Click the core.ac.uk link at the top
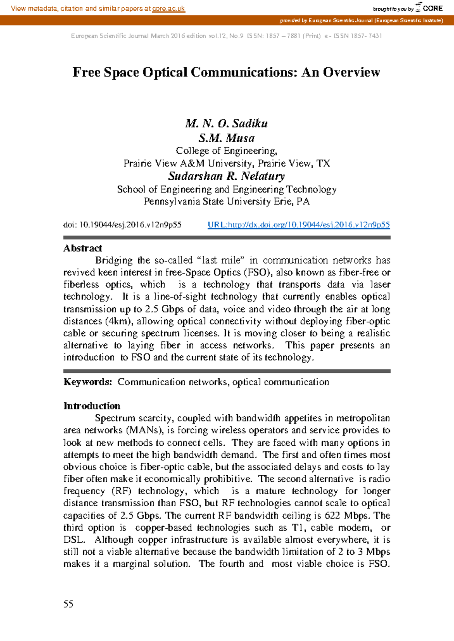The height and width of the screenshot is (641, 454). tap(168, 8)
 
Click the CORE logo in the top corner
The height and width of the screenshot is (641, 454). tap(429, 8)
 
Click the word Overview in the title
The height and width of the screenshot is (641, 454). tap(351, 72)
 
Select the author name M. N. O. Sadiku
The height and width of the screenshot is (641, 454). tap(226, 124)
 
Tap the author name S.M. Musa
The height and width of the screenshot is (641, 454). tap(226, 138)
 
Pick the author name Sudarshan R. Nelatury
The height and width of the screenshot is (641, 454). tap(226, 176)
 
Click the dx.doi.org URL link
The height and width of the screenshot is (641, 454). tap(299, 225)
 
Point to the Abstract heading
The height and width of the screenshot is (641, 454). tap(82, 248)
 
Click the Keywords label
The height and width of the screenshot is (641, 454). tap(87, 382)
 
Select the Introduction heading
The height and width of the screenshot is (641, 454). tap(92, 406)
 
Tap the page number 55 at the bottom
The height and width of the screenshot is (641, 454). tap(68, 604)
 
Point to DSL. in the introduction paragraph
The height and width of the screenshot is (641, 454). tap(74, 540)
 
